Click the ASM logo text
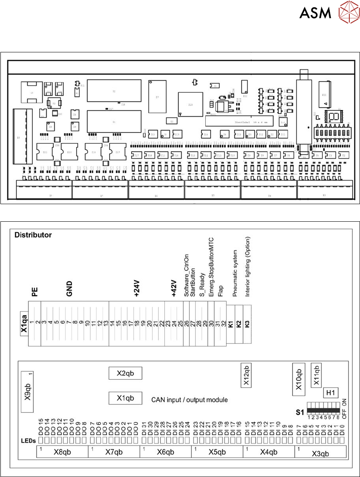pos(315,14)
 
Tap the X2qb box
pos(125,373)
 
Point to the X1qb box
pos(125,398)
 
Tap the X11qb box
pos(317,372)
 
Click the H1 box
pos(331,393)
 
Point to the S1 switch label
pos(300,411)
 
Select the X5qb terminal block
pos(217,452)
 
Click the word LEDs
pos(29,441)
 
